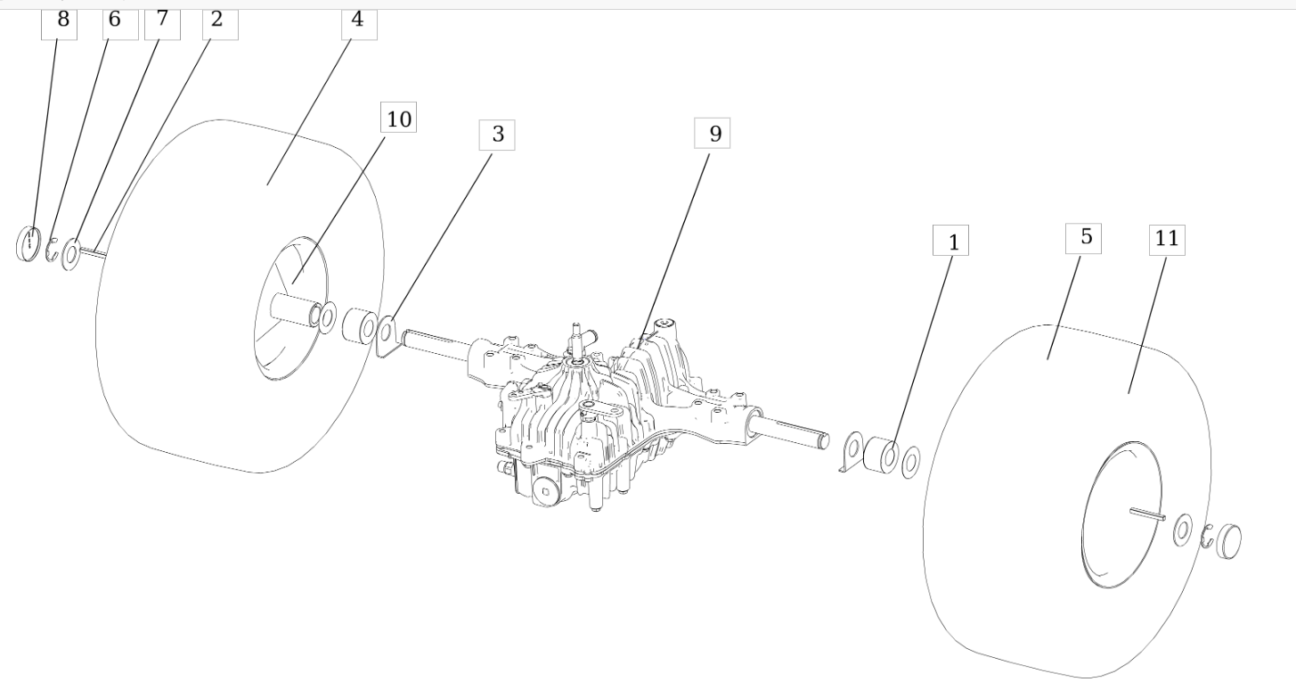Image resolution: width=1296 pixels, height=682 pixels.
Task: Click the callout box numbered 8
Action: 61,21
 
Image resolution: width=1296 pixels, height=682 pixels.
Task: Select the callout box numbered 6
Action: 120,21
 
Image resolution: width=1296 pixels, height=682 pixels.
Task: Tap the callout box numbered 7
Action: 161,21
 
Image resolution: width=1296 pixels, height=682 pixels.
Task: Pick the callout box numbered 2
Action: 218,21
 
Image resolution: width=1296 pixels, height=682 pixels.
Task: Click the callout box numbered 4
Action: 358,21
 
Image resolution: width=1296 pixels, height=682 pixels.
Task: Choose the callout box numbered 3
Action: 497,135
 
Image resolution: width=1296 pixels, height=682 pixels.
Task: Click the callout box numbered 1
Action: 951,241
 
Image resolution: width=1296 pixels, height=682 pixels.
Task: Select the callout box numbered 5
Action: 1084,238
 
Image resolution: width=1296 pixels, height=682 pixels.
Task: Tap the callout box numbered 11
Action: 1167,240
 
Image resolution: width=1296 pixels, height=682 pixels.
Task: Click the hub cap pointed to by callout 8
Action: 29,243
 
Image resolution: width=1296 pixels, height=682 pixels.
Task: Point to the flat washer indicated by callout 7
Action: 70,254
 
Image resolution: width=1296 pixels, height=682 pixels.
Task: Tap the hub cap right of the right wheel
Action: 1228,540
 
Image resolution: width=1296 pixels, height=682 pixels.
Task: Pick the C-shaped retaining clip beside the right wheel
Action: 1208,537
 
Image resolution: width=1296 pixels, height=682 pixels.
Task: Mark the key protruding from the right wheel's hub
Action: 1147,512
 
